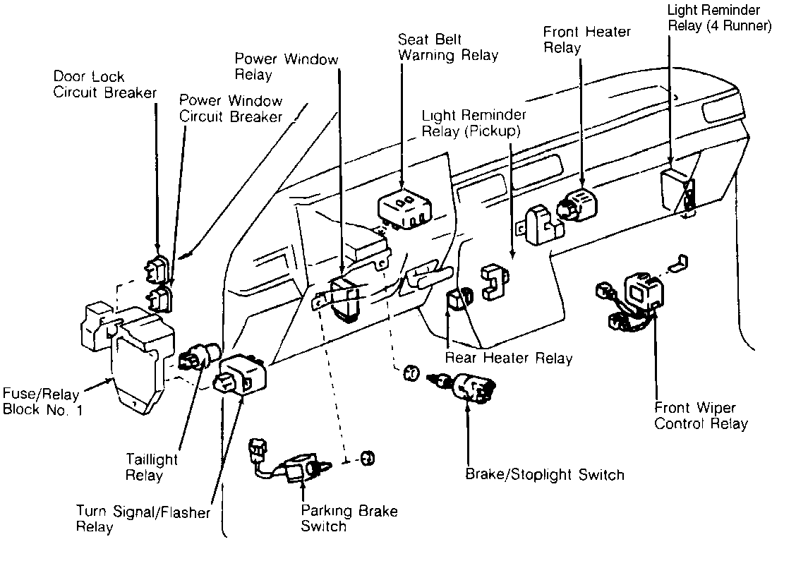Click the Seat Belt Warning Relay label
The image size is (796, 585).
click(447, 47)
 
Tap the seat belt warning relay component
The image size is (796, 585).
click(405, 207)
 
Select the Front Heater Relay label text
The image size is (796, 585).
click(587, 40)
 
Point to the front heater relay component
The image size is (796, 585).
click(577, 206)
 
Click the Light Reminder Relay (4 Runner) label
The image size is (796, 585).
click(719, 18)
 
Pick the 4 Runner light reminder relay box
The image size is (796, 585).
click(677, 192)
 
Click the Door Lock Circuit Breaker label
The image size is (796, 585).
click(105, 84)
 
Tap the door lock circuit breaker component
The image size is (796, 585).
click(157, 269)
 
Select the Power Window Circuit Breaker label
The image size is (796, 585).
click(231, 108)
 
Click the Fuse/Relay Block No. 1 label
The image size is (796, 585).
click(42, 402)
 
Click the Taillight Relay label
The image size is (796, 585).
click(151, 467)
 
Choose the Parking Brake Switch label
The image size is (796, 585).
click(349, 518)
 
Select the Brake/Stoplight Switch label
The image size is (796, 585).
click(545, 474)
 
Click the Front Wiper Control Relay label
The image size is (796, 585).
click(701, 416)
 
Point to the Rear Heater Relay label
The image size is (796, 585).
click(509, 358)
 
